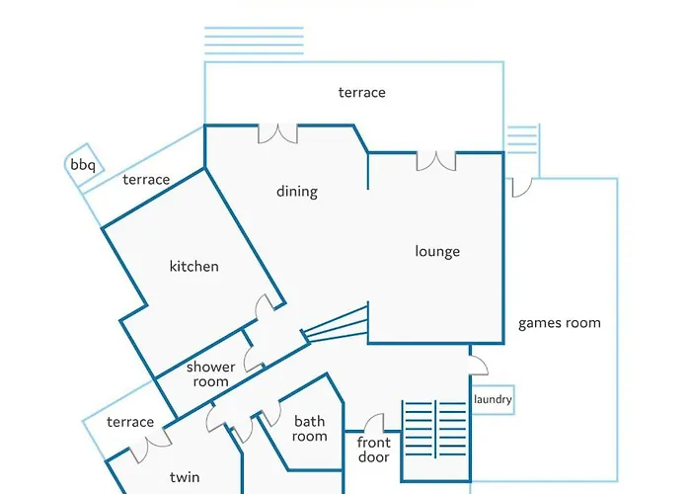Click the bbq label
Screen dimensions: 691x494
[83, 165]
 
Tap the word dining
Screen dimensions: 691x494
[297, 192]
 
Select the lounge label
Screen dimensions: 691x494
[437, 251]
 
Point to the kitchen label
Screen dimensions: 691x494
[193, 266]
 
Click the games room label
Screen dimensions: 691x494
[560, 323]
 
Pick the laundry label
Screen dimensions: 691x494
[493, 399]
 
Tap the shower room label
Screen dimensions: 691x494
[210, 374]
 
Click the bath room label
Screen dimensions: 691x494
[309, 429]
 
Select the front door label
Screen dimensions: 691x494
[374, 450]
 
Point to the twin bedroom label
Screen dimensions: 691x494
[185, 477]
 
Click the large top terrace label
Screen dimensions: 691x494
[362, 93]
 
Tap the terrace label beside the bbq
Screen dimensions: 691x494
[146, 180]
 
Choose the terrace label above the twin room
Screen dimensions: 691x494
[130, 422]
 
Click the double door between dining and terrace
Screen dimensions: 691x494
[277, 133]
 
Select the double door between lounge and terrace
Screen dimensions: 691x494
[436, 161]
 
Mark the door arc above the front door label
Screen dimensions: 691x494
[374, 423]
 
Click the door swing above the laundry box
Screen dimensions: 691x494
[479, 366]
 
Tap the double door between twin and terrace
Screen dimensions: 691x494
[150, 445]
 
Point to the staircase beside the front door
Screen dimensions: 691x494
[436, 429]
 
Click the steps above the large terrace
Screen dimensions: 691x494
[254, 41]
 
